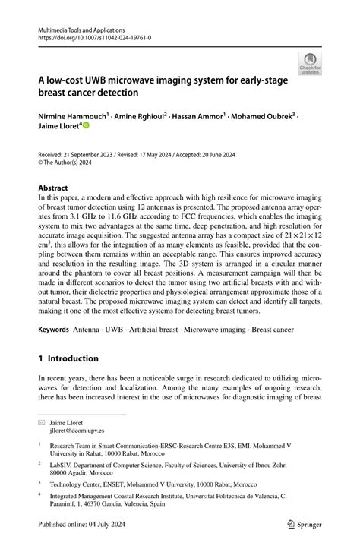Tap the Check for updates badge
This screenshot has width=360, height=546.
310,64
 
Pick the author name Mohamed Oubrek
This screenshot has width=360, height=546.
262,118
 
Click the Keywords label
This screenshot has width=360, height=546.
53,331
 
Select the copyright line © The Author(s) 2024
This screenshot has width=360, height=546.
69,163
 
